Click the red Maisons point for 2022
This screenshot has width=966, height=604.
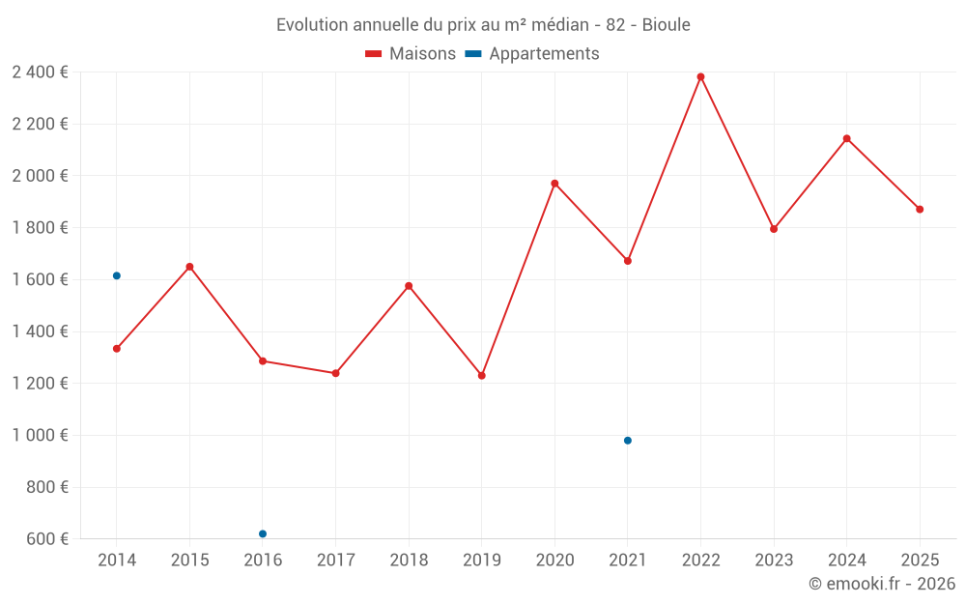[700, 77]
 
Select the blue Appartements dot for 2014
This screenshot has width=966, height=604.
[117, 276]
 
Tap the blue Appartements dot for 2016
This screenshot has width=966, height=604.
[263, 534]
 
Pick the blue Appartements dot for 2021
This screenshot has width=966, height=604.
[628, 441]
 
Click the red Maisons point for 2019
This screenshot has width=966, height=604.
[482, 376]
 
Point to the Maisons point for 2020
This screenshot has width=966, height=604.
[554, 184]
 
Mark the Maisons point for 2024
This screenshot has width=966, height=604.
[846, 139]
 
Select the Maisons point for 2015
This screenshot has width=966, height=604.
[189, 267]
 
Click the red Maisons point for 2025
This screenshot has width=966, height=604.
[920, 210]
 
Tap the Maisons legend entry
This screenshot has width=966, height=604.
[411, 54]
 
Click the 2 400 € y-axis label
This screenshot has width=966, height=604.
[40, 72]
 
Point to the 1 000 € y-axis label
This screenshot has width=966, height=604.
[40, 436]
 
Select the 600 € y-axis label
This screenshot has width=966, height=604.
[45, 539]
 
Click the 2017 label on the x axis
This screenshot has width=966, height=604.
[335, 561]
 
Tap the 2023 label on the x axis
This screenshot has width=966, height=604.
[774, 561]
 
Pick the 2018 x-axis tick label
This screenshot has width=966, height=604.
[409, 561]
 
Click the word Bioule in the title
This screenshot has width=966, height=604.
[666, 25]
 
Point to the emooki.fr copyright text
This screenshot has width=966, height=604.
[882, 584]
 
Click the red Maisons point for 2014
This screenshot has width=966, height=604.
[117, 349]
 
